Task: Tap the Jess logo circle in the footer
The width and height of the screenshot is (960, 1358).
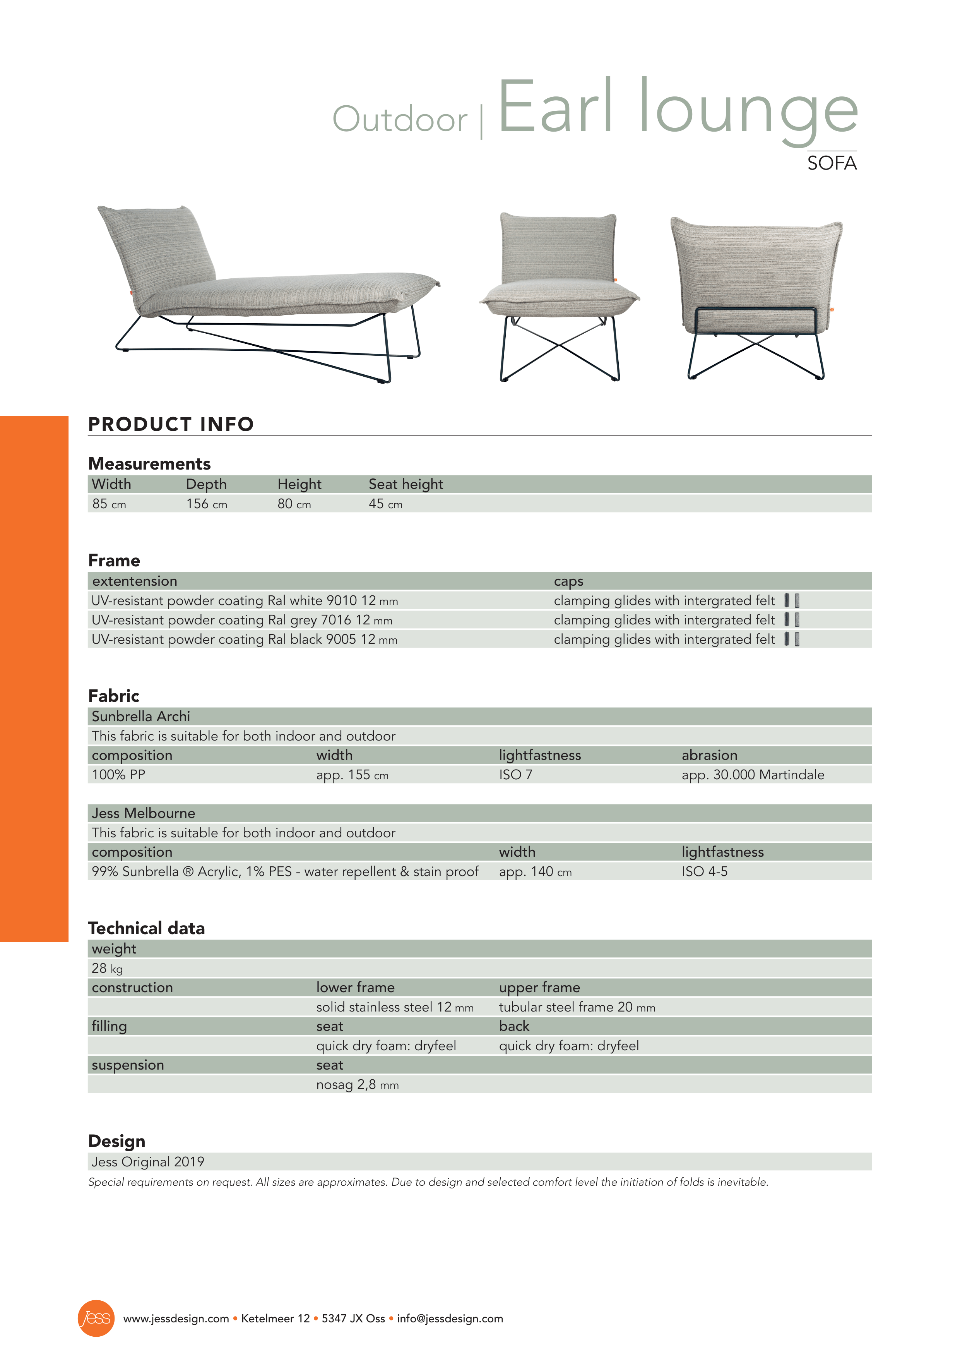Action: tap(96, 1319)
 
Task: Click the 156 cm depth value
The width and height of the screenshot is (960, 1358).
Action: tap(206, 504)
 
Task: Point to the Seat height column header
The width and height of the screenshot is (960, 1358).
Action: tap(406, 484)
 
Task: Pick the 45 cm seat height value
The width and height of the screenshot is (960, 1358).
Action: tap(385, 504)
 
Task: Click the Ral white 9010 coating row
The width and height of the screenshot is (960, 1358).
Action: tap(244, 601)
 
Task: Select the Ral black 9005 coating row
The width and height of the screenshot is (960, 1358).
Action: tap(244, 640)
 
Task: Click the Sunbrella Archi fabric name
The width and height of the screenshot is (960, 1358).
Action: tap(141, 717)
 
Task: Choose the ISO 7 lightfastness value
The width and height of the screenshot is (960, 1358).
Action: tap(515, 775)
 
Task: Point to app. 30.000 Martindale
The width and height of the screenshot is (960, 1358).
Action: tap(753, 775)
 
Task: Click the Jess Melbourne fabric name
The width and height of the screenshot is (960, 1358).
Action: tap(143, 813)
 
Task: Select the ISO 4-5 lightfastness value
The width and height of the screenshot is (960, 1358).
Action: tap(704, 872)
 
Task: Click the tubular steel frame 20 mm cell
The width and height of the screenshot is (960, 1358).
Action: tap(577, 1007)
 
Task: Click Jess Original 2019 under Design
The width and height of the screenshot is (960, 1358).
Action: tap(148, 1162)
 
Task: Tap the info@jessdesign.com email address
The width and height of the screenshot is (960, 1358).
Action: tap(450, 1319)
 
